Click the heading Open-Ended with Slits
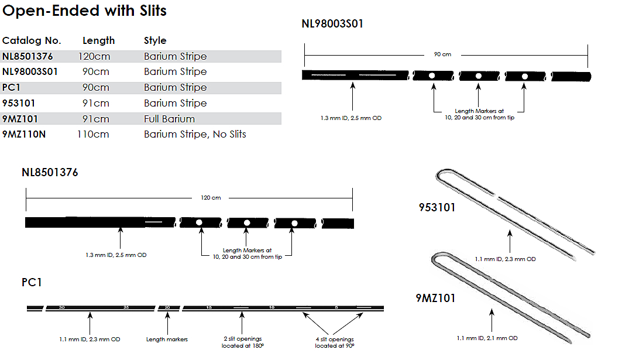pos(85,11)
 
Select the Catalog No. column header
pos(32,40)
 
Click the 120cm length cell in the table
pos(94,56)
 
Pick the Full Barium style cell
pos(169,119)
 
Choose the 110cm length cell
pos(93,134)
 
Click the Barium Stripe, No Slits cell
pos(195,134)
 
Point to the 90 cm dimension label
pos(442,54)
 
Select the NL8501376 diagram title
pos(50,173)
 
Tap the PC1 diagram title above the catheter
pos(32,282)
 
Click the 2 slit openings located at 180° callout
pos(242,342)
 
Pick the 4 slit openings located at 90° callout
pos(334,342)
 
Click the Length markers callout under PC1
pos(167,339)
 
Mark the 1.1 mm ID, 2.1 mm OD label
pos(487,338)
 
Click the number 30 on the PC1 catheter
pos(61,307)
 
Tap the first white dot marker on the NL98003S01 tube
pos(432,76)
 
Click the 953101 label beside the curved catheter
pos(437,207)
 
